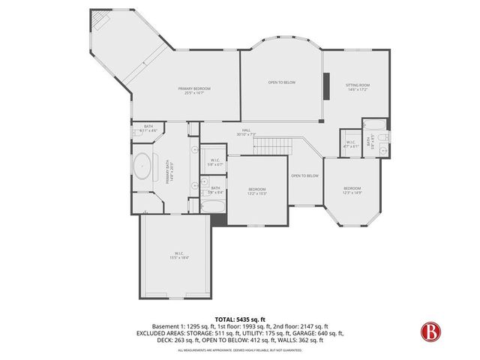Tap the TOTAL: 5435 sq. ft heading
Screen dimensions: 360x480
[239, 319]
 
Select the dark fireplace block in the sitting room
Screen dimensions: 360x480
[328, 85]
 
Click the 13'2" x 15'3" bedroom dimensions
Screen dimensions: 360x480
[256, 193]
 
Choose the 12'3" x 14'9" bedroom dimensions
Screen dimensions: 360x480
[352, 193]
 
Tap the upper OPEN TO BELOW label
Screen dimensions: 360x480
[281, 82]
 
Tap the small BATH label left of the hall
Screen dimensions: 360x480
[148, 127]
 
